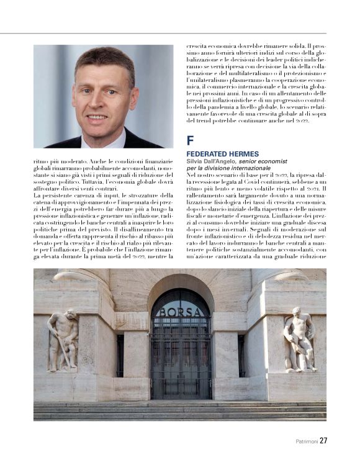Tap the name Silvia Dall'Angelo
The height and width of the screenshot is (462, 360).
pyautogui.click(x=212, y=161)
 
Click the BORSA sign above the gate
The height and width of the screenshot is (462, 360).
pyautogui.click(x=181, y=312)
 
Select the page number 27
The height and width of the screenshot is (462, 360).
pyautogui.click(x=323, y=441)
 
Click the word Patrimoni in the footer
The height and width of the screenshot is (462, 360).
pyautogui.click(x=306, y=442)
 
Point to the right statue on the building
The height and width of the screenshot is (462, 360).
pyautogui.click(x=299, y=338)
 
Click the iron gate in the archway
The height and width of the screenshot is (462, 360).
pyautogui.click(x=181, y=366)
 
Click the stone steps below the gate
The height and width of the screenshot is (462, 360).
pyautogui.click(x=180, y=411)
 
